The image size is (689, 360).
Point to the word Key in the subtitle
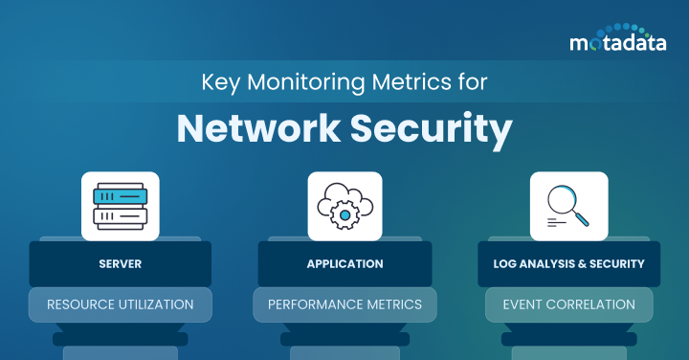point(217,82)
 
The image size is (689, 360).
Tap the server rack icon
point(121,206)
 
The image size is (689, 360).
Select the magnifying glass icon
point(568,206)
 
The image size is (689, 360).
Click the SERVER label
point(121,263)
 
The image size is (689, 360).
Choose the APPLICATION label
point(344,263)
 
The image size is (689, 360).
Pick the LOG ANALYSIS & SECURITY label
point(568,263)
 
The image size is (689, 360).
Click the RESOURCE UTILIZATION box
point(121,304)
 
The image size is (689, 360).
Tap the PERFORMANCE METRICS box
point(344,304)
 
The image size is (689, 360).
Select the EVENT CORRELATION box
point(568,304)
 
